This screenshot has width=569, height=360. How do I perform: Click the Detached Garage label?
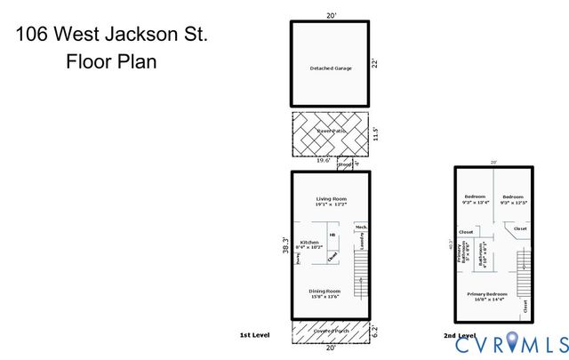coord(330,68)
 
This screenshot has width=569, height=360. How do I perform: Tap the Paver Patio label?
coord(330,132)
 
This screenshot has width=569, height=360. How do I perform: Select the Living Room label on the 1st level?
coord(330,198)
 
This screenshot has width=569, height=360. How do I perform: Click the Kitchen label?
coord(309,242)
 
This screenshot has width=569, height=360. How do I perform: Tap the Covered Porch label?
coord(330,331)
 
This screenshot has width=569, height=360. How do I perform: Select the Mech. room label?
coord(361,228)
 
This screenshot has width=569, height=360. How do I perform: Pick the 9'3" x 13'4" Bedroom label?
coord(475,196)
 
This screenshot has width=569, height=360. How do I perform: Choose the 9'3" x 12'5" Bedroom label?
coord(513,196)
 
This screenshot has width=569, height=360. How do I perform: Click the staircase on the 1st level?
coord(361,274)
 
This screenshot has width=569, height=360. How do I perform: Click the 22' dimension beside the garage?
coord(376,63)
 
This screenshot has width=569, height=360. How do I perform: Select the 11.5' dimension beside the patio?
coord(376,132)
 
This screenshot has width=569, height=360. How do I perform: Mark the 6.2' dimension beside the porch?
coord(375,331)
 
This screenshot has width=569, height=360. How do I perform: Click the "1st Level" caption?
coord(255,335)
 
